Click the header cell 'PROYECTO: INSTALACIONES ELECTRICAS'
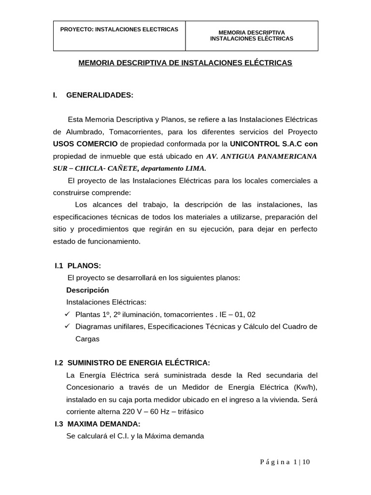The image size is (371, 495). coord(119,29)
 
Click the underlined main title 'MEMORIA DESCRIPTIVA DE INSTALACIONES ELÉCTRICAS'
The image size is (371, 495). coord(185,63)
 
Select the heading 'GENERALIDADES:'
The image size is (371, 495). coord(99,95)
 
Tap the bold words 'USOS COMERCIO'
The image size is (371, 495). coord(85,144)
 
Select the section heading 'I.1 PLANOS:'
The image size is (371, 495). coord(78,265)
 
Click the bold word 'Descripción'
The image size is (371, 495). coord(87,290)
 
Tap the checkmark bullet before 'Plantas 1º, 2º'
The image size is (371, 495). coord(68,314)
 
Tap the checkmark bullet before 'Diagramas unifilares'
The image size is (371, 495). coord(68,326)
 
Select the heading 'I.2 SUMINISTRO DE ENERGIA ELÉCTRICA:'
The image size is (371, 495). coord(132,363)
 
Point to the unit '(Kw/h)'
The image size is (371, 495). coord(305,387)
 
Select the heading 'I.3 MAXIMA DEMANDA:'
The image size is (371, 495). coord(98,424)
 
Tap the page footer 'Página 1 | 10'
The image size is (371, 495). coord(285,462)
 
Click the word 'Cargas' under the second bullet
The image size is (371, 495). coord(87,339)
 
